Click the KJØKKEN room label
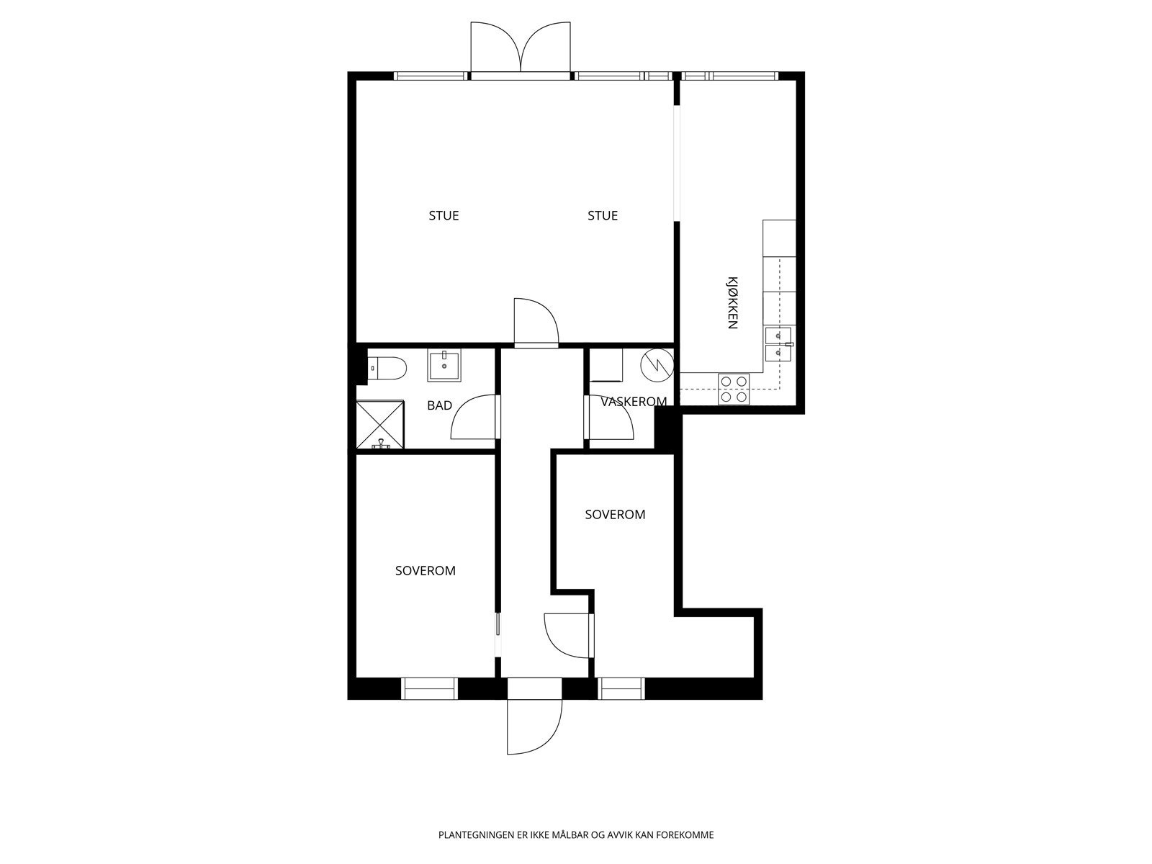pyautogui.click(x=733, y=302)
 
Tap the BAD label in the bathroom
pyautogui.click(x=439, y=405)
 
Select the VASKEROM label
pyautogui.click(x=634, y=402)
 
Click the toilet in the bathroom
pyautogui.click(x=387, y=368)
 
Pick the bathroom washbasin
pyautogui.click(x=444, y=366)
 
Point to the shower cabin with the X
pyautogui.click(x=380, y=425)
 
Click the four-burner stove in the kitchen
pyautogui.click(x=734, y=390)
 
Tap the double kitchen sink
pyautogui.click(x=778, y=345)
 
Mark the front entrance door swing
pyautogui.click(x=534, y=726)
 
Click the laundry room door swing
pyautogui.click(x=609, y=417)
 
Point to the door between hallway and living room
pyautogui.click(x=536, y=322)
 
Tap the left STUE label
pyautogui.click(x=444, y=215)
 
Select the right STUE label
pyautogui.click(x=603, y=215)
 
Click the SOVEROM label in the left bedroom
pyautogui.click(x=425, y=571)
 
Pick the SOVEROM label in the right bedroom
pyautogui.click(x=615, y=515)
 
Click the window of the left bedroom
pyautogui.click(x=429, y=688)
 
